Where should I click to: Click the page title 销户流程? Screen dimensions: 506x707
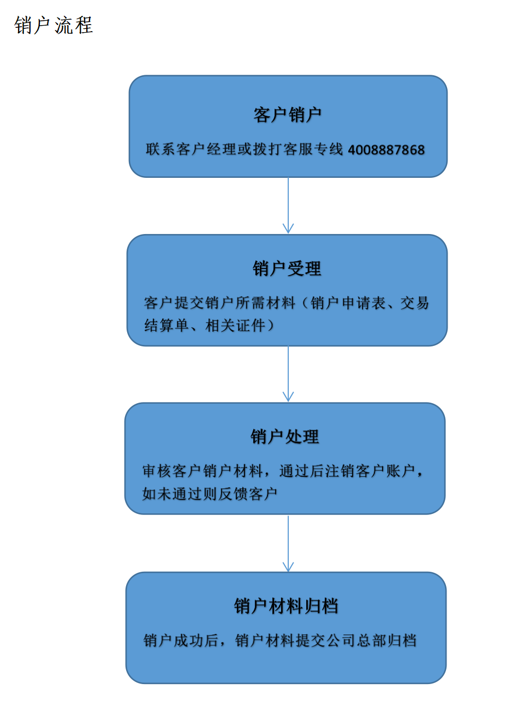click(53, 25)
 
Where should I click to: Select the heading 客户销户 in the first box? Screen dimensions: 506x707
click(288, 115)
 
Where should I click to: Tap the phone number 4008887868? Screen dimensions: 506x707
click(386, 149)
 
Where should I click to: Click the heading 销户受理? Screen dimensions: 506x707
click(287, 268)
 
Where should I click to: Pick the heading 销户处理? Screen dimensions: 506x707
click(285, 437)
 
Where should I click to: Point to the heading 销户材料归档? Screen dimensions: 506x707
click(286, 606)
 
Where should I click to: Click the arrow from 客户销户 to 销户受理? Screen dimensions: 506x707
click(288, 205)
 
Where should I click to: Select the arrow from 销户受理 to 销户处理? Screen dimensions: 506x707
click(288, 374)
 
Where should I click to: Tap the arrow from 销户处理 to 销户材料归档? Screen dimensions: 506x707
click(288, 543)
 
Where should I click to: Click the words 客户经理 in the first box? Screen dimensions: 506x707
click(206, 149)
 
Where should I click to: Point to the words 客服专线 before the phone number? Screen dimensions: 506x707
click(313, 149)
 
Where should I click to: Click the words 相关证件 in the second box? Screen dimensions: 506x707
click(235, 326)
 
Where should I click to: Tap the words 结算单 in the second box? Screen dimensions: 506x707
click(166, 326)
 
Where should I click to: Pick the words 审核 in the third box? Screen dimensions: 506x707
click(157, 471)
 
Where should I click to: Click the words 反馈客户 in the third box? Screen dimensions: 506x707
click(248, 494)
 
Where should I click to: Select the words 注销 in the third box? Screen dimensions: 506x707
click(340, 471)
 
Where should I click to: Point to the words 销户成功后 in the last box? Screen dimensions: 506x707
click(181, 640)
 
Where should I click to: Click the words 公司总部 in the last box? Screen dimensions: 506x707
click(356, 640)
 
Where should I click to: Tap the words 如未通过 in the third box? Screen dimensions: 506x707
click(172, 494)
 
